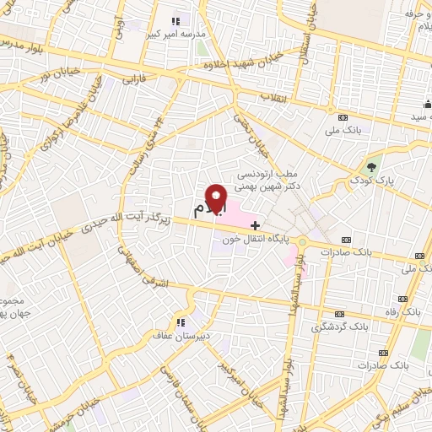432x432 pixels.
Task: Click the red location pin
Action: [218, 198]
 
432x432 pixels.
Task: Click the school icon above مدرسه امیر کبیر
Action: [175, 21]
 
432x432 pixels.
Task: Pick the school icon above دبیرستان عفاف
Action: [179, 322]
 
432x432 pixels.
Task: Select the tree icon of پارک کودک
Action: [370, 163]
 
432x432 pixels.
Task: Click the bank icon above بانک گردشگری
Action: [339, 314]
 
